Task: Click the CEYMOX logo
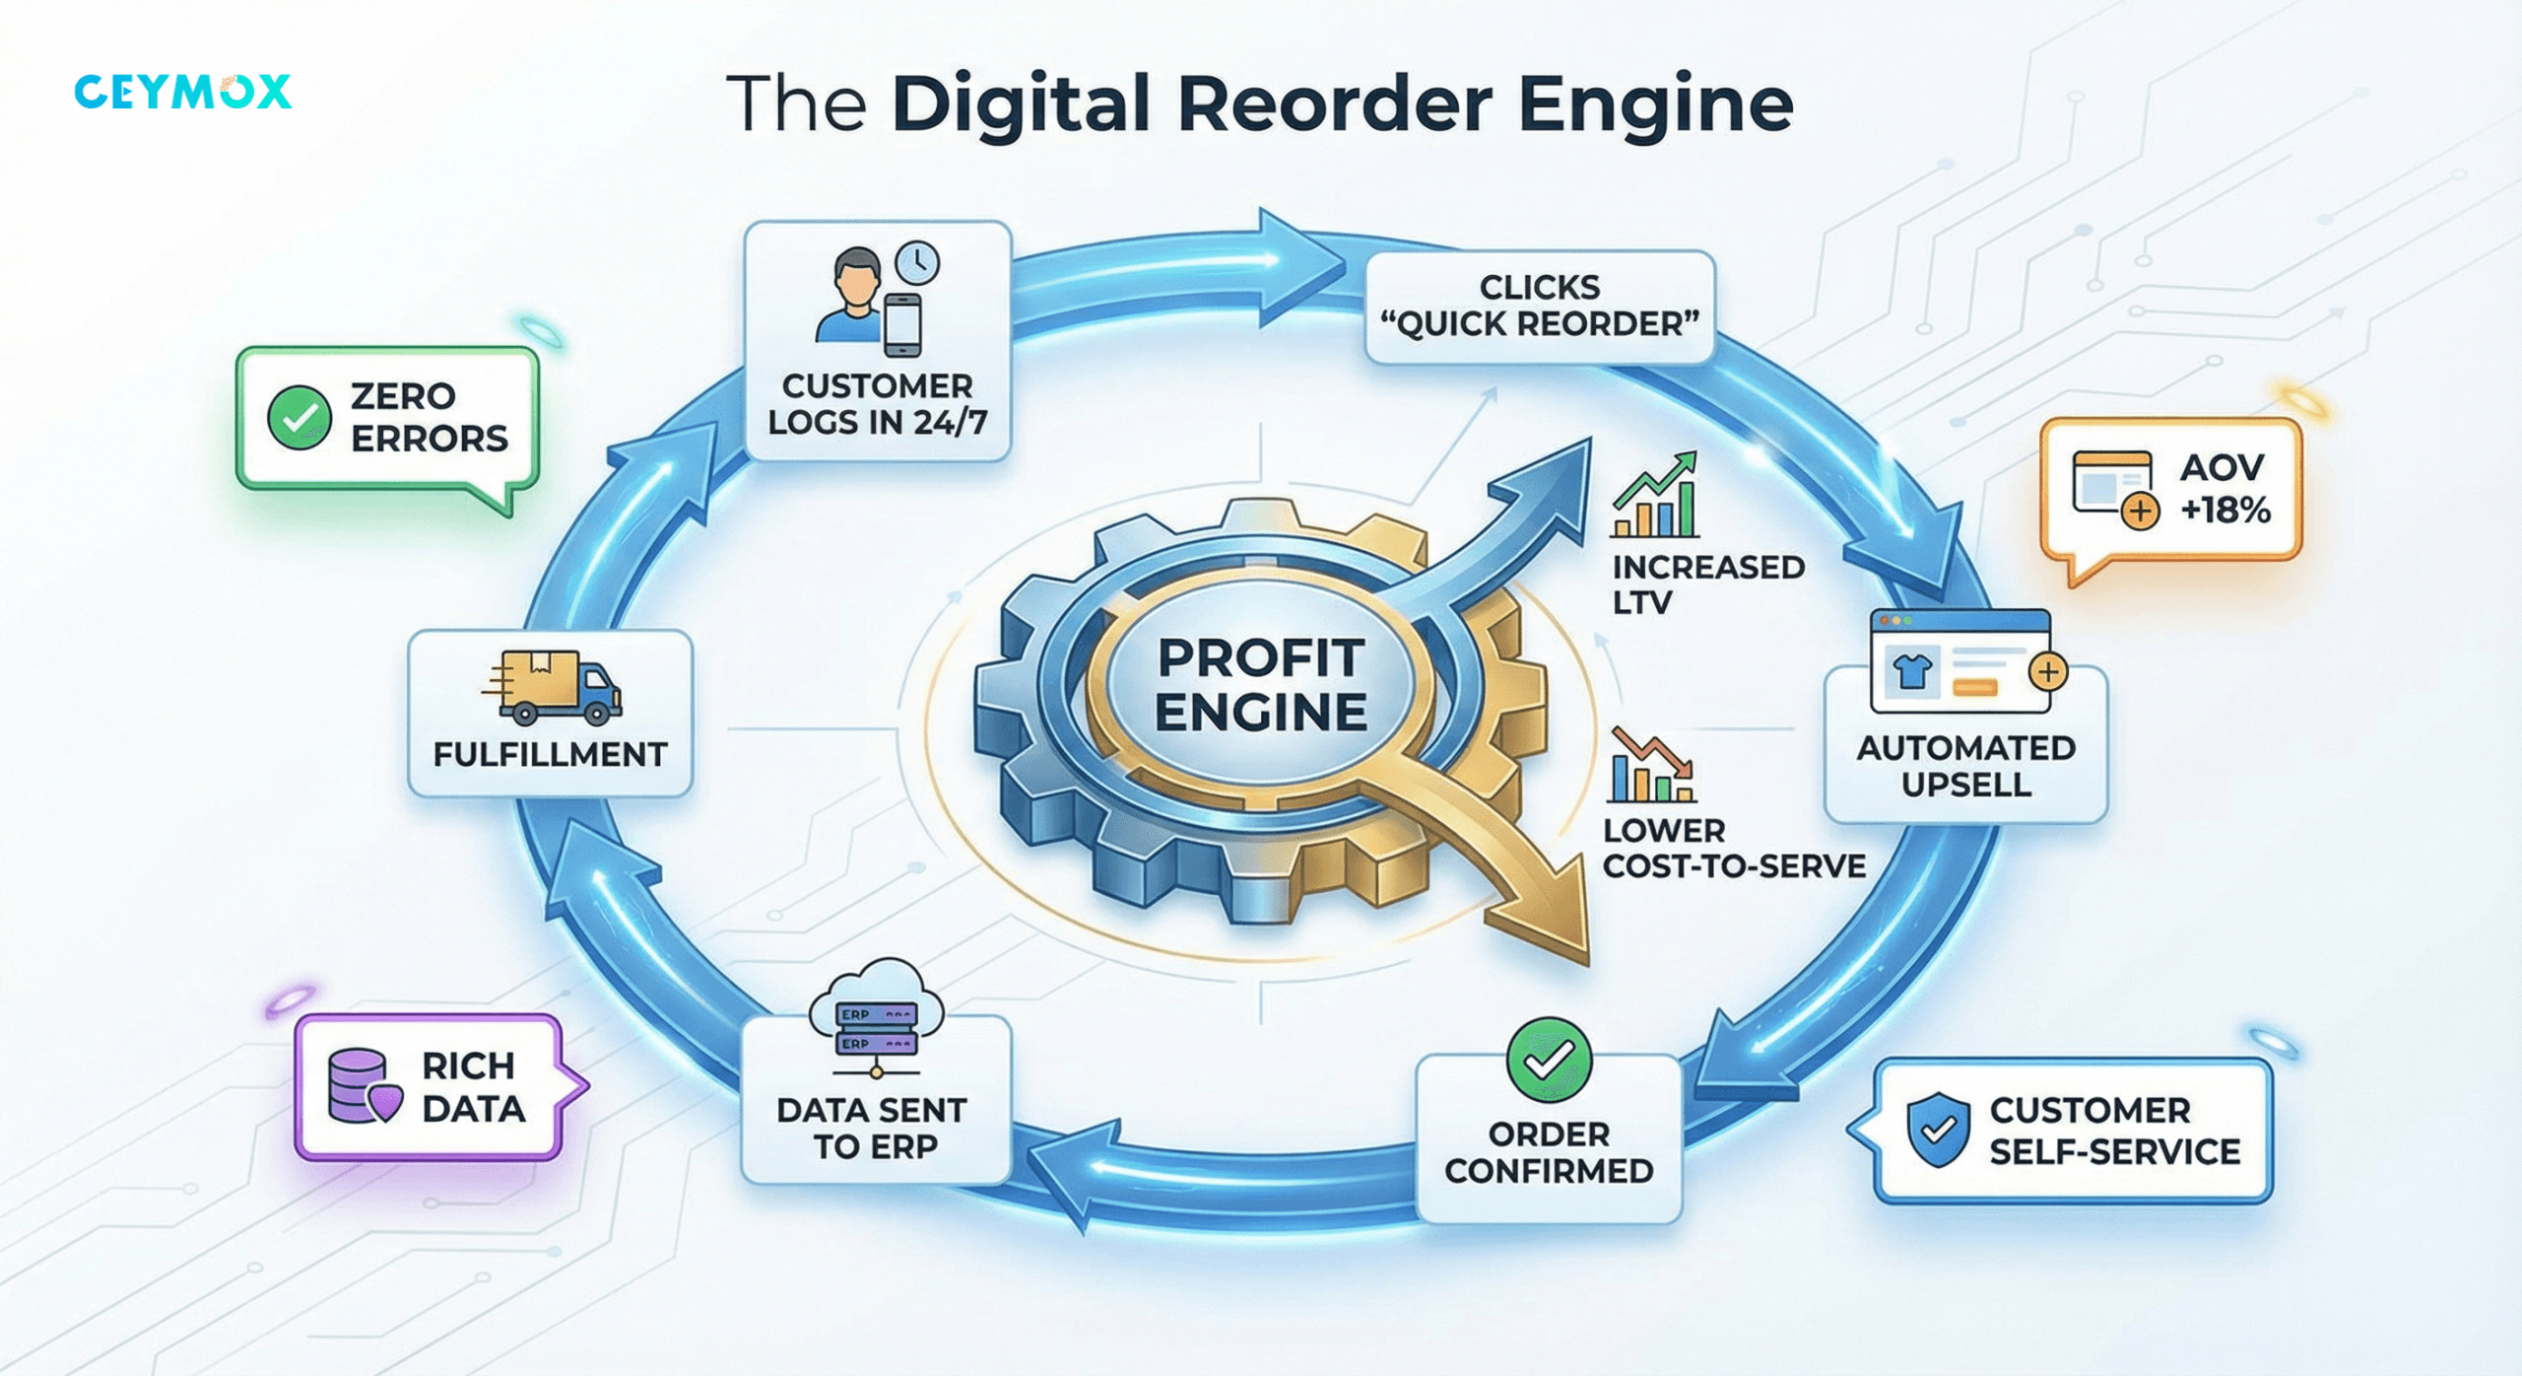182,92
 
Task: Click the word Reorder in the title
1334,104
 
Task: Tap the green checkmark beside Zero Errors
299,418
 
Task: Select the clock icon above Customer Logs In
917,263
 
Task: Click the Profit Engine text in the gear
1261,685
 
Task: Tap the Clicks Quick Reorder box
1539,306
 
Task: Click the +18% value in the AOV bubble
2224,511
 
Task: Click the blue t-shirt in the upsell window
1912,671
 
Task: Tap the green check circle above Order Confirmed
1549,1060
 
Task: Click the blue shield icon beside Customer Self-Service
1938,1130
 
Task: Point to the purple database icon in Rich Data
361,1086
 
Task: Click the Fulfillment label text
550,755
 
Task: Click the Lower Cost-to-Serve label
1732,849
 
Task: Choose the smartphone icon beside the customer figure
902,324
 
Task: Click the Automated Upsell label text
1965,767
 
